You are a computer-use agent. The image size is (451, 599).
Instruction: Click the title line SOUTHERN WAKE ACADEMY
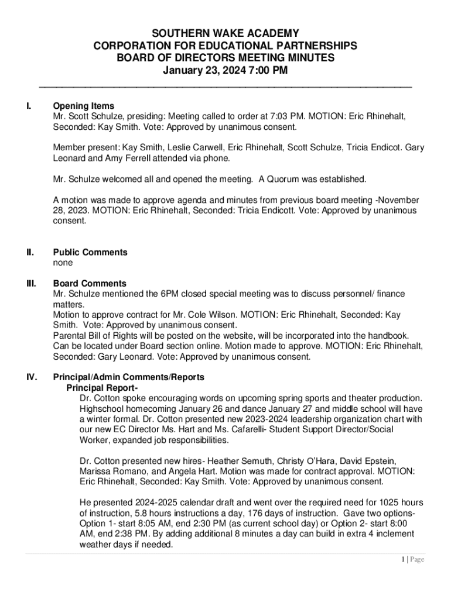[x=225, y=33]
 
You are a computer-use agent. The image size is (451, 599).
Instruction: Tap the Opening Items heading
[x=84, y=106]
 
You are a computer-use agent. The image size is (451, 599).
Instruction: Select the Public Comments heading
[x=90, y=252]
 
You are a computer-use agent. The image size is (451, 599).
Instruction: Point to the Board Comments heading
[x=90, y=283]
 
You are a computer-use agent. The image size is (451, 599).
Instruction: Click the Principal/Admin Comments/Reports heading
[x=129, y=377]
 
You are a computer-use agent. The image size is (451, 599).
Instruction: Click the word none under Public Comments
[x=63, y=263]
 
